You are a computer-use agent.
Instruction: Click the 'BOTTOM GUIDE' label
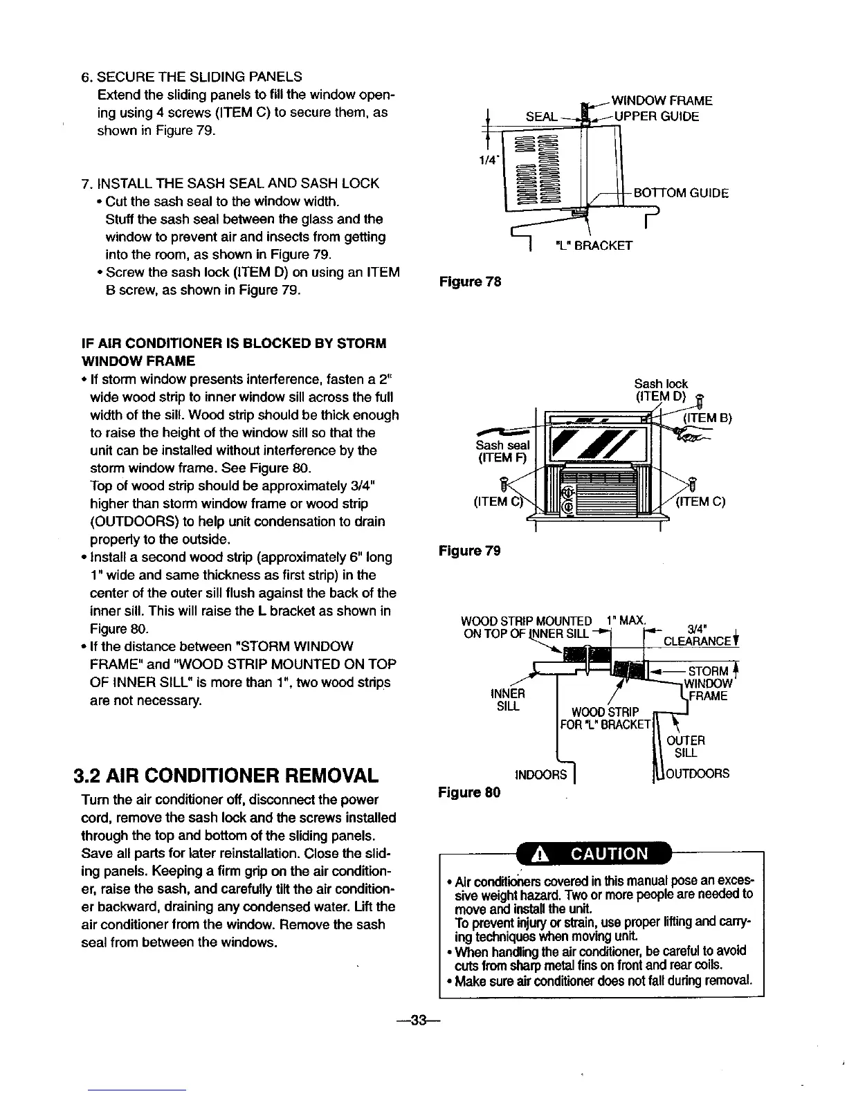(x=682, y=194)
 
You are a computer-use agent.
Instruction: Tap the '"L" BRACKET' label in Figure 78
(x=594, y=245)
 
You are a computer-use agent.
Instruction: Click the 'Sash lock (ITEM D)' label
(x=661, y=390)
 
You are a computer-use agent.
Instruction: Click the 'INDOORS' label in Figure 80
(x=542, y=774)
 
